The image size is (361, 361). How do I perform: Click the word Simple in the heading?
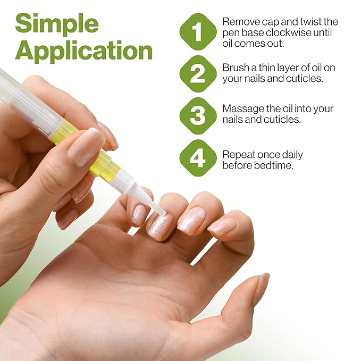coord(57,24)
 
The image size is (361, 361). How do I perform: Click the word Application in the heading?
coord(83,52)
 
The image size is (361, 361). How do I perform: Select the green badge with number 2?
coord(198,73)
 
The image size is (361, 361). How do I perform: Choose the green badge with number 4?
coord(198,157)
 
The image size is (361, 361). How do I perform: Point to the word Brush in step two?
coord(236,68)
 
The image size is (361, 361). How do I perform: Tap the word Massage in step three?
coord(242,109)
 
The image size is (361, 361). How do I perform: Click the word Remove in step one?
coord(239,22)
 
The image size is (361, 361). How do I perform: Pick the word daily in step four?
coord(289,155)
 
